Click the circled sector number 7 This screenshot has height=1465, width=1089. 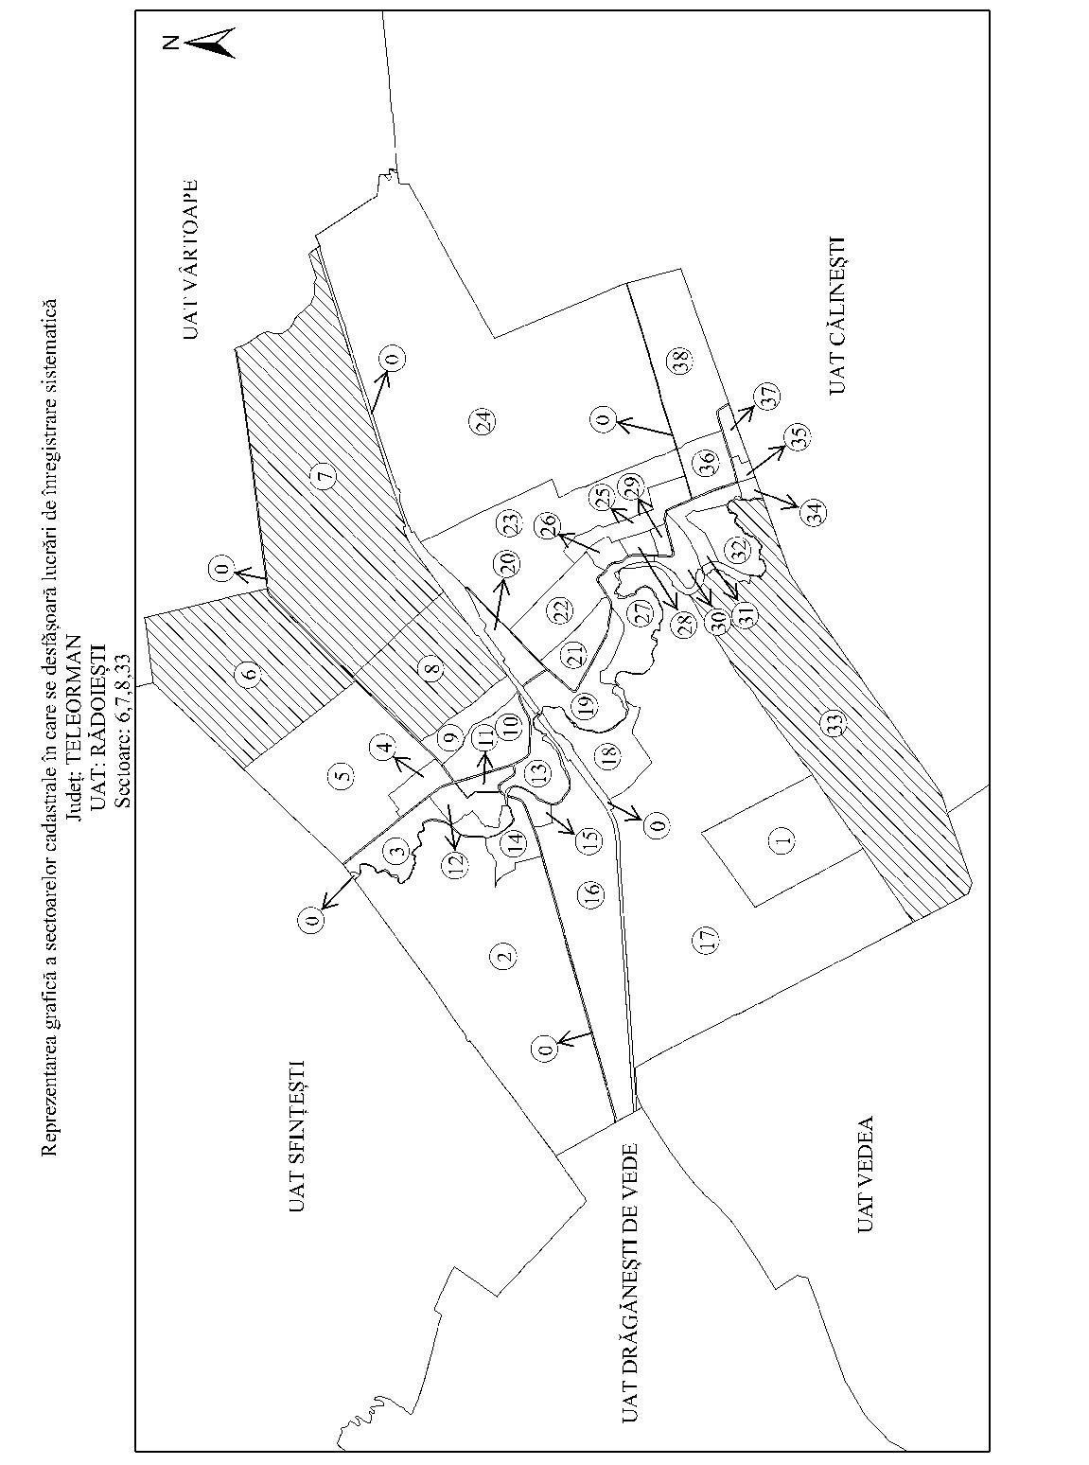325,475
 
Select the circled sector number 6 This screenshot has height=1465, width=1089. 249,673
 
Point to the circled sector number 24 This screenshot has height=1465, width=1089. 482,422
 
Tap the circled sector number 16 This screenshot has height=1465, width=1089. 592,891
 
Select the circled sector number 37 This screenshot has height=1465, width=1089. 767,397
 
